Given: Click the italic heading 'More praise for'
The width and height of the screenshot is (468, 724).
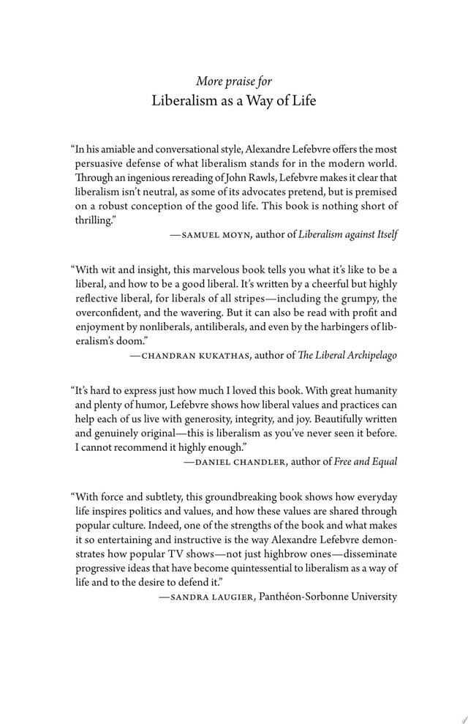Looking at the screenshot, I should tap(234, 81).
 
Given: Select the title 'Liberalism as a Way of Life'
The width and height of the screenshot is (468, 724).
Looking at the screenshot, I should tap(234, 101).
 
